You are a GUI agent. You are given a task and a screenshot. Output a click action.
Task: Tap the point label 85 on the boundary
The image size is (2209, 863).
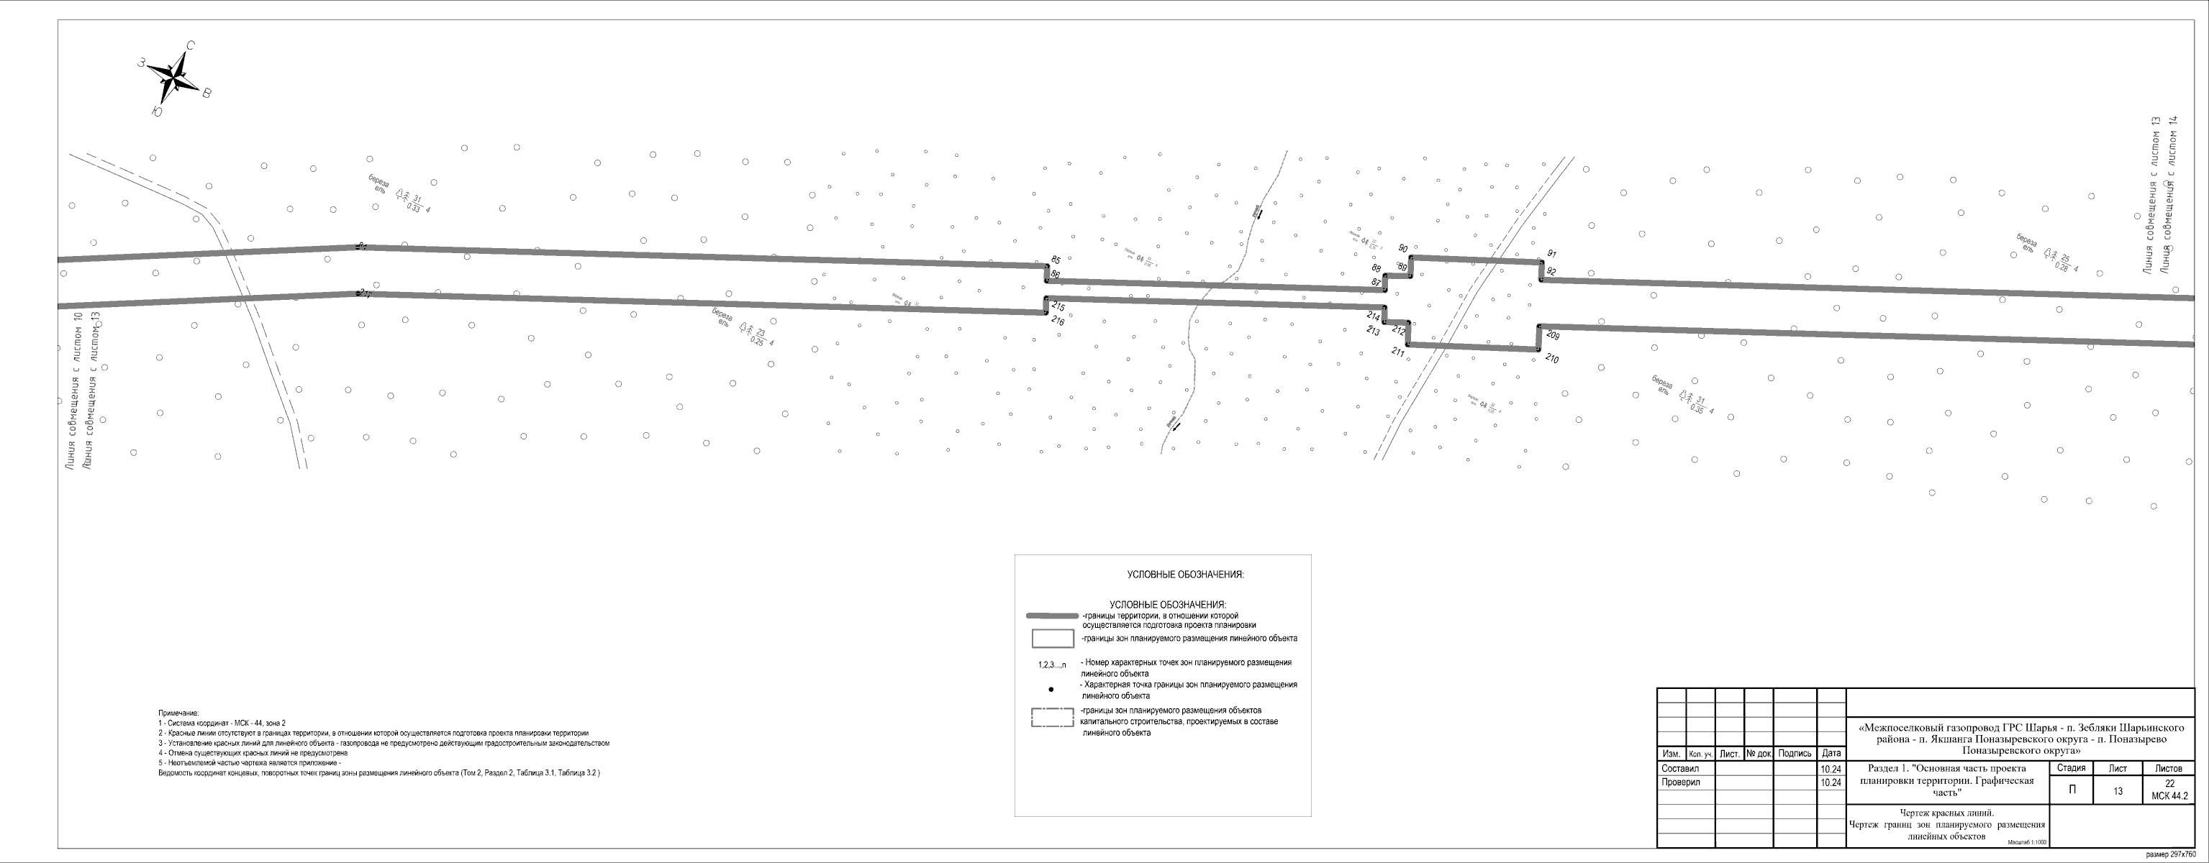1056,260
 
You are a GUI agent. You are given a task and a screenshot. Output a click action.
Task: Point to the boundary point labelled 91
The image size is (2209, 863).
1551,255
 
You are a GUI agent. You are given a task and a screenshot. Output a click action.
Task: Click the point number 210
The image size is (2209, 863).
1552,359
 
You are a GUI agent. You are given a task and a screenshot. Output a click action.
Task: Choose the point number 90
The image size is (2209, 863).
1403,249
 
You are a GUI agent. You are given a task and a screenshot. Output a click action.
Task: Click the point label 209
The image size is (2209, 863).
1552,335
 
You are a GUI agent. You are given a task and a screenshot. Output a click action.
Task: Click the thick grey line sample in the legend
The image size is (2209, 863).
1052,616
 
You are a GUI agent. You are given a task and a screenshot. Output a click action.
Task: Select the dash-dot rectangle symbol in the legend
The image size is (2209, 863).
1052,717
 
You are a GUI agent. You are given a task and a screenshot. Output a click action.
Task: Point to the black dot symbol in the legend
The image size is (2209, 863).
1051,689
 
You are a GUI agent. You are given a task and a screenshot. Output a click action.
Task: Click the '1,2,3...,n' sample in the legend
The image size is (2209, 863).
1052,665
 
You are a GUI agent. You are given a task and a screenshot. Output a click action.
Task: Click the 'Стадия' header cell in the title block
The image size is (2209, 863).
2071,768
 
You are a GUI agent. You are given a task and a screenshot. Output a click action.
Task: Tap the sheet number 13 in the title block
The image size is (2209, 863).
2117,791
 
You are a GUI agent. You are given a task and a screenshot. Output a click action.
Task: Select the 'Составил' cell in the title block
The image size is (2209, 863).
1680,769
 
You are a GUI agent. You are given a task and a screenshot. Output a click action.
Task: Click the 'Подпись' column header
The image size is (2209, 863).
1794,753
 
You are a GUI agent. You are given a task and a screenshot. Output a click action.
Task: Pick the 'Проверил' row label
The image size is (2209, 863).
1681,782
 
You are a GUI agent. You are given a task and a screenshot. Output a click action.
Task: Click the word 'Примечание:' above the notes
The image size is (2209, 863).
178,713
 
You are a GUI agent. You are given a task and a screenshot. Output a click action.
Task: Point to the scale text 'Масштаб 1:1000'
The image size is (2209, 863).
2026,841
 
